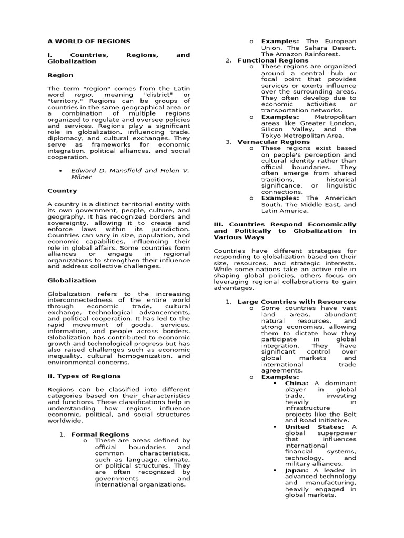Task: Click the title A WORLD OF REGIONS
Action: click(89, 41)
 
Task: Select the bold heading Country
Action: click(62, 191)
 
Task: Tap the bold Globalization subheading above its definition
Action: click(72, 281)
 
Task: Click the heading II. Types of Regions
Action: click(84, 376)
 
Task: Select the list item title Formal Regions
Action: click(100, 434)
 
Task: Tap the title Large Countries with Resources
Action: click(297, 302)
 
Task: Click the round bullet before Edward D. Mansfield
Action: click(62, 171)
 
